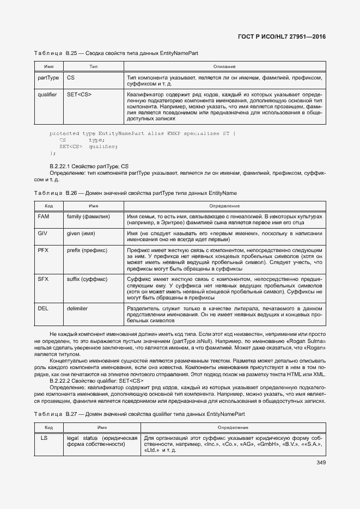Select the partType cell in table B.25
(48, 78)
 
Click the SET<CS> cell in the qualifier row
(79, 95)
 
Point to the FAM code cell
(44, 217)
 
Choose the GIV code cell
(43, 233)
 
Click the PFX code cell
(44, 250)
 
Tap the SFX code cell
(44, 279)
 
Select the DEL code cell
(44, 308)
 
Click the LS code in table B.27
(44, 438)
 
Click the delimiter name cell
(77, 308)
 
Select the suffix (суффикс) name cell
(87, 279)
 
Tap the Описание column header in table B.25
(224, 66)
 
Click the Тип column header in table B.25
(93, 66)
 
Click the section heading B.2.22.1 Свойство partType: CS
(89, 165)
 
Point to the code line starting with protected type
(143, 133)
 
